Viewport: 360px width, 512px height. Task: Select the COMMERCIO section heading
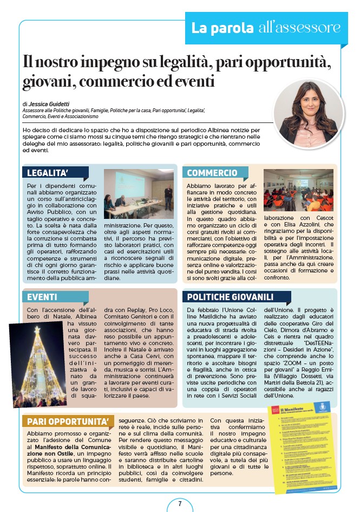212,173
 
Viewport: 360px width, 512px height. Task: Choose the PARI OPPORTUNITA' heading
63,422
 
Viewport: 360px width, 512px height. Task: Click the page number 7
180,503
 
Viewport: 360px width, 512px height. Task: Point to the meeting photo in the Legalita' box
139,193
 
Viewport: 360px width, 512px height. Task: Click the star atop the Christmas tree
37,329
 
